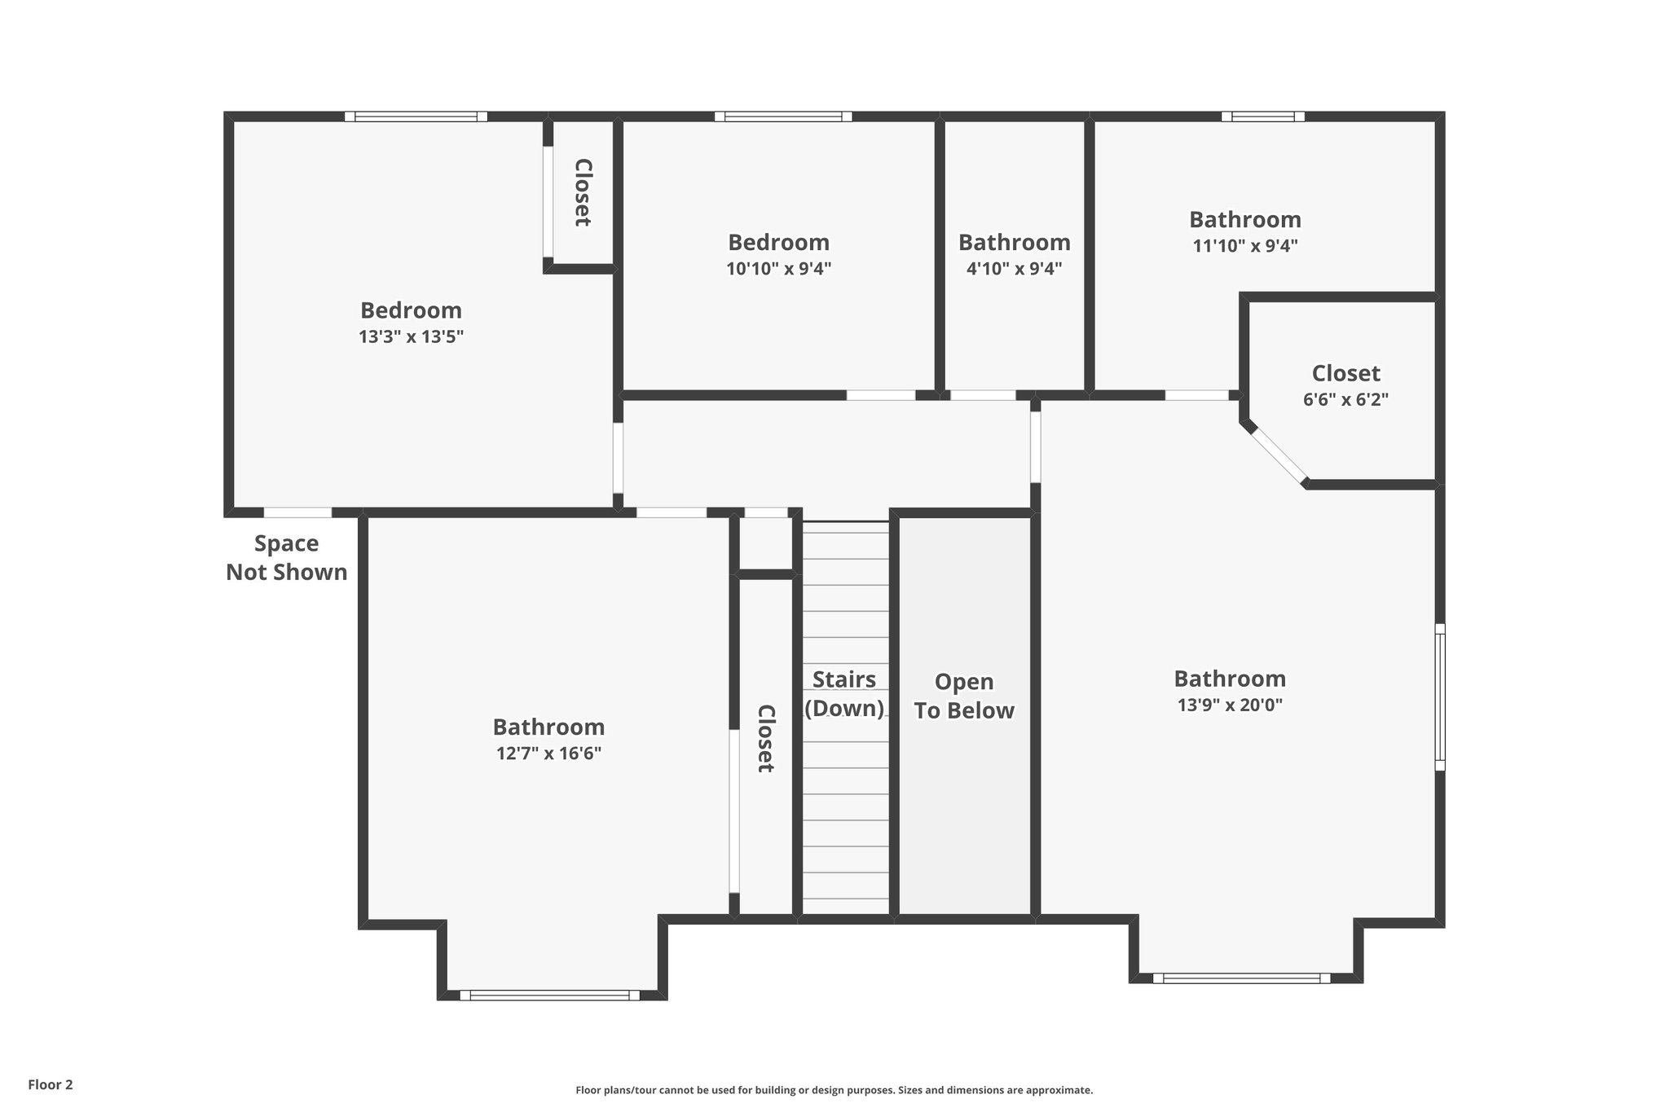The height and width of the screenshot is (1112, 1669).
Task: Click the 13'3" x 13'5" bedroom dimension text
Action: pos(411,336)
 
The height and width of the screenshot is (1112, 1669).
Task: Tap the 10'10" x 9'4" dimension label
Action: pos(778,268)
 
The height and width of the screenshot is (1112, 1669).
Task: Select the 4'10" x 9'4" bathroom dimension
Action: pos(1014,268)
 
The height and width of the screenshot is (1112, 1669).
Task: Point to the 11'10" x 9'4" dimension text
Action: pos(1244,245)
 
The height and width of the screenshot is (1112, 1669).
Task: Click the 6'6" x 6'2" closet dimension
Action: pos(1345,399)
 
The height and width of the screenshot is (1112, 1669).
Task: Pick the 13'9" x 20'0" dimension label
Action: pos(1230,705)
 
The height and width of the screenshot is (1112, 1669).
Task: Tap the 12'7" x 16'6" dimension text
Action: pos(548,753)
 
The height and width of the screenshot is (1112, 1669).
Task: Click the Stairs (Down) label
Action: pos(844,693)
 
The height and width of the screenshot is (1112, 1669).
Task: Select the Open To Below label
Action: pos(963,696)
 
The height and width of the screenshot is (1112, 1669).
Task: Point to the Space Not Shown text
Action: pos(286,558)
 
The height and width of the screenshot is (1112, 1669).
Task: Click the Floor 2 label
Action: pos(51,1084)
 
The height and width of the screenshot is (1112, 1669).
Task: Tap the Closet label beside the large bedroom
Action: pos(583,192)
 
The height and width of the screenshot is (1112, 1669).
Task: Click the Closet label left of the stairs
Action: pos(765,738)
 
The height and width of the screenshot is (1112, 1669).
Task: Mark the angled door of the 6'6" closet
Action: pos(1279,455)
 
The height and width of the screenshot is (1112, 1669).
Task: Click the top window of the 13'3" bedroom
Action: pos(416,116)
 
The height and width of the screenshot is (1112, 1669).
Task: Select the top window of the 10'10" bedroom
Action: pos(783,116)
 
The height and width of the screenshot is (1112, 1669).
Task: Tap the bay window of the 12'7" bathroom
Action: pos(549,995)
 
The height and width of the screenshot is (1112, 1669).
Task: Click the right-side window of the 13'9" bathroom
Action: pos(1440,697)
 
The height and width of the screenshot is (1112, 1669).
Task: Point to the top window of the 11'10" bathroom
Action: pos(1262,116)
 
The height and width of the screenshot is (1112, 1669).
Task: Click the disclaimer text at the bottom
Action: pos(834,1090)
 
